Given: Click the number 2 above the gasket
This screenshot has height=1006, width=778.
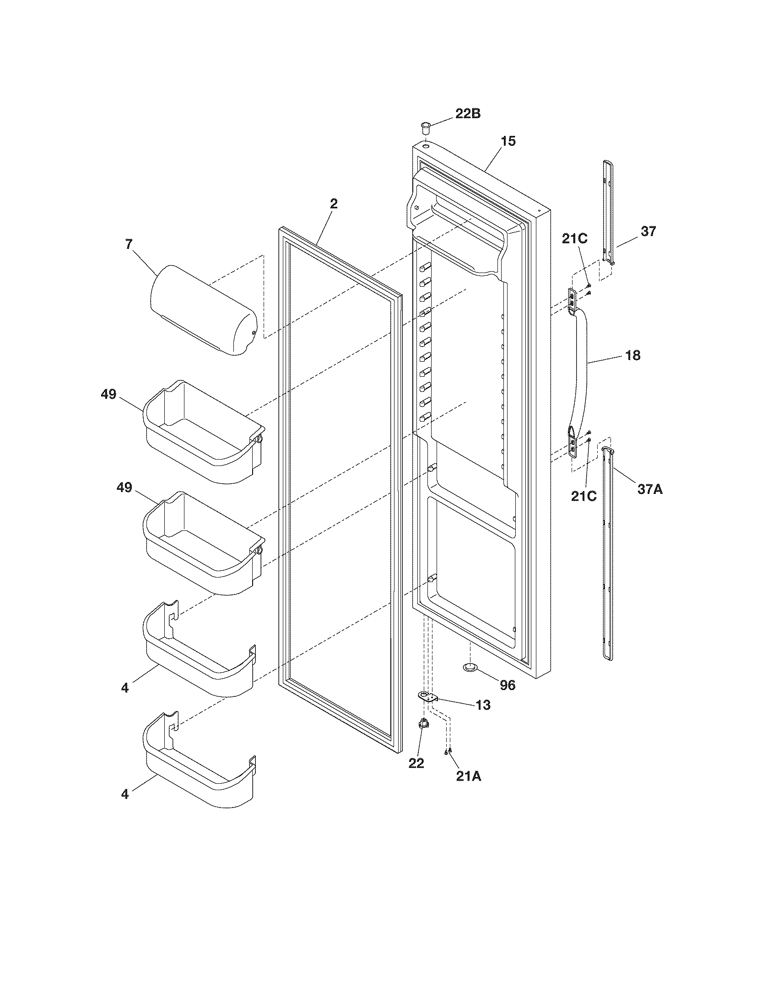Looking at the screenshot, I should [x=334, y=204].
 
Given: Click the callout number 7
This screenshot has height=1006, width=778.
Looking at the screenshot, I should [x=129, y=245].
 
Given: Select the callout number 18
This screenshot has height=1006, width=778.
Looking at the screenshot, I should [x=633, y=355].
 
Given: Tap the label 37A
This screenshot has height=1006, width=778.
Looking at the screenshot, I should [x=650, y=489].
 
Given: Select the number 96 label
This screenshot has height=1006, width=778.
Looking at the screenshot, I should [x=508, y=685].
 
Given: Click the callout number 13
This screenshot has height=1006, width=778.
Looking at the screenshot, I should [x=482, y=705].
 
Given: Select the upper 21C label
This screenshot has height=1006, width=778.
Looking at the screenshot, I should [x=574, y=239].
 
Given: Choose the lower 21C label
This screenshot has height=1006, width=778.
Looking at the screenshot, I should [x=583, y=496].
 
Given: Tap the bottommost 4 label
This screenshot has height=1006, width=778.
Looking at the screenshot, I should [x=125, y=794].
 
